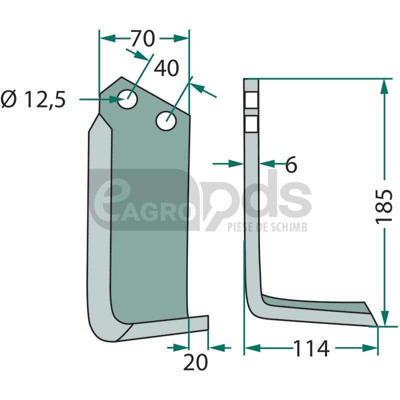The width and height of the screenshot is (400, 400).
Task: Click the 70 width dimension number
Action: (143, 38)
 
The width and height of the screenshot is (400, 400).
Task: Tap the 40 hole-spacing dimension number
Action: (166, 68)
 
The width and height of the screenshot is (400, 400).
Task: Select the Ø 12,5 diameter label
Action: (33, 99)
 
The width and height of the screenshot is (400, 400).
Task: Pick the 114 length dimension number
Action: (311, 348)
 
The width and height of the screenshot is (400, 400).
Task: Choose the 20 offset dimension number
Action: (195, 362)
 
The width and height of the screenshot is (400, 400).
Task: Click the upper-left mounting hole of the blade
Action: (127, 99)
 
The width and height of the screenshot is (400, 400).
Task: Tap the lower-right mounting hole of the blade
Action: (166, 120)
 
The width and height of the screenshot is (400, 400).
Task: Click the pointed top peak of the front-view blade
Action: (121, 77)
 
